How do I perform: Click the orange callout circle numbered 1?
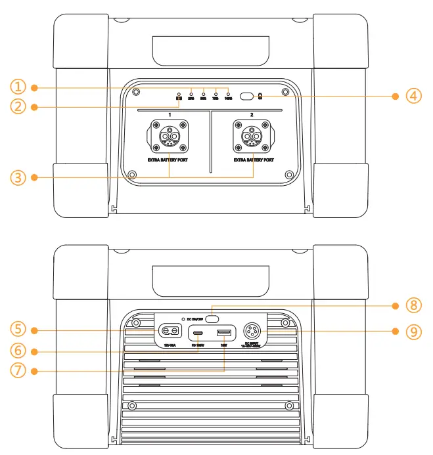click(x=18, y=87)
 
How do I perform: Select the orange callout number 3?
click(x=18, y=177)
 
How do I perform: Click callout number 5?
click(x=18, y=330)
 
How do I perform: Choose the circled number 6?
click(x=18, y=350)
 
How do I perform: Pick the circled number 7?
click(x=18, y=371)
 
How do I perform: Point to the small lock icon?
click(x=260, y=97)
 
